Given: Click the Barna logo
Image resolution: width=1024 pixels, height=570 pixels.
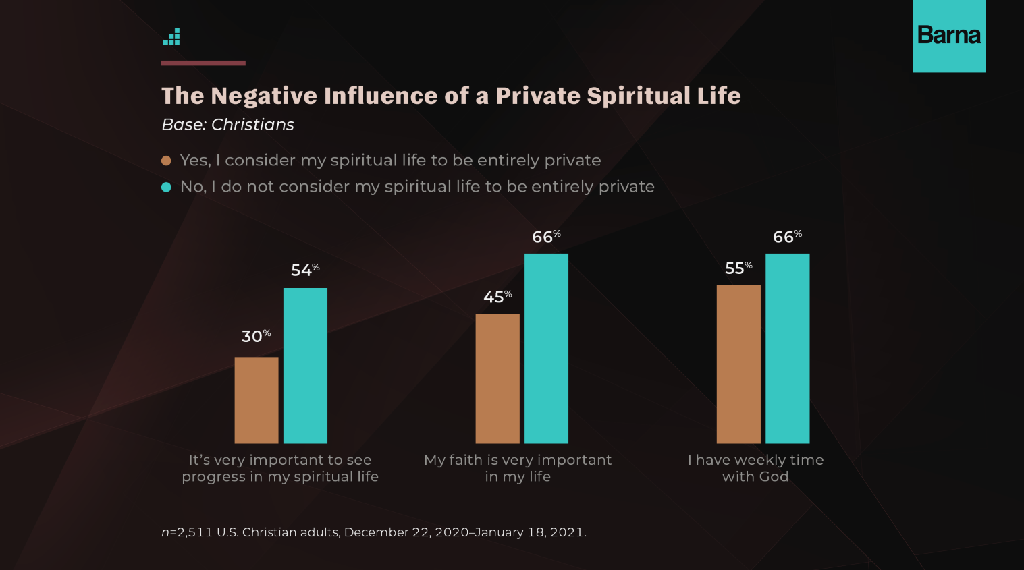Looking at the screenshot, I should [948, 35].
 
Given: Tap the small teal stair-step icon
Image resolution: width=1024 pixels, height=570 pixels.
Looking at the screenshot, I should [172, 38].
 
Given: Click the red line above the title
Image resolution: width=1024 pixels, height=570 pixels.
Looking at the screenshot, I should [203, 63].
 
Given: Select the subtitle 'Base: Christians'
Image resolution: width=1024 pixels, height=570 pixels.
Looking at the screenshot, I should [228, 125].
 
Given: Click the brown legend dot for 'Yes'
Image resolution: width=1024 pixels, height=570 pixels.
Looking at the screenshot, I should [166, 161].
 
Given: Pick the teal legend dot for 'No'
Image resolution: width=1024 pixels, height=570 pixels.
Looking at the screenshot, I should [166, 187].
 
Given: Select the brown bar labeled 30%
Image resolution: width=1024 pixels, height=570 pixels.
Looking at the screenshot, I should [257, 400].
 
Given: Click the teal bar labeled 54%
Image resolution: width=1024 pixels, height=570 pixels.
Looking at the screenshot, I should [305, 366].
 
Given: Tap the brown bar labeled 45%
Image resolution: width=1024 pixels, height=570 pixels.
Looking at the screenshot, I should [497, 378].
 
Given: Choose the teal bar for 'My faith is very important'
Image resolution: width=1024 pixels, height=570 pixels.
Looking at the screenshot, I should [546, 348].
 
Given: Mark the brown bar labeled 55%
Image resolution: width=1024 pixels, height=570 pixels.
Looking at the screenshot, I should [738, 364].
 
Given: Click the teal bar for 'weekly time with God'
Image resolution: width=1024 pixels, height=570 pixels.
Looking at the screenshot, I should [787, 348].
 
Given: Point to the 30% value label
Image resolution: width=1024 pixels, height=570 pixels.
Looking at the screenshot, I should [256, 336].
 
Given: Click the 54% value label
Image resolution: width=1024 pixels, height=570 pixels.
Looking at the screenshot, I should [305, 270].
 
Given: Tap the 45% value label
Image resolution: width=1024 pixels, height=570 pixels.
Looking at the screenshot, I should [497, 297].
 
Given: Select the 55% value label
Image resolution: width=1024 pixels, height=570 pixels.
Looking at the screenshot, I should [738, 268].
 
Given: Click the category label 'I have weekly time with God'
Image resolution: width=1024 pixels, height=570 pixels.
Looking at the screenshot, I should [755, 468].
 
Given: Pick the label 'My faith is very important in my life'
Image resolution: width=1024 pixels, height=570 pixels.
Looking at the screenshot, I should [518, 468].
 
